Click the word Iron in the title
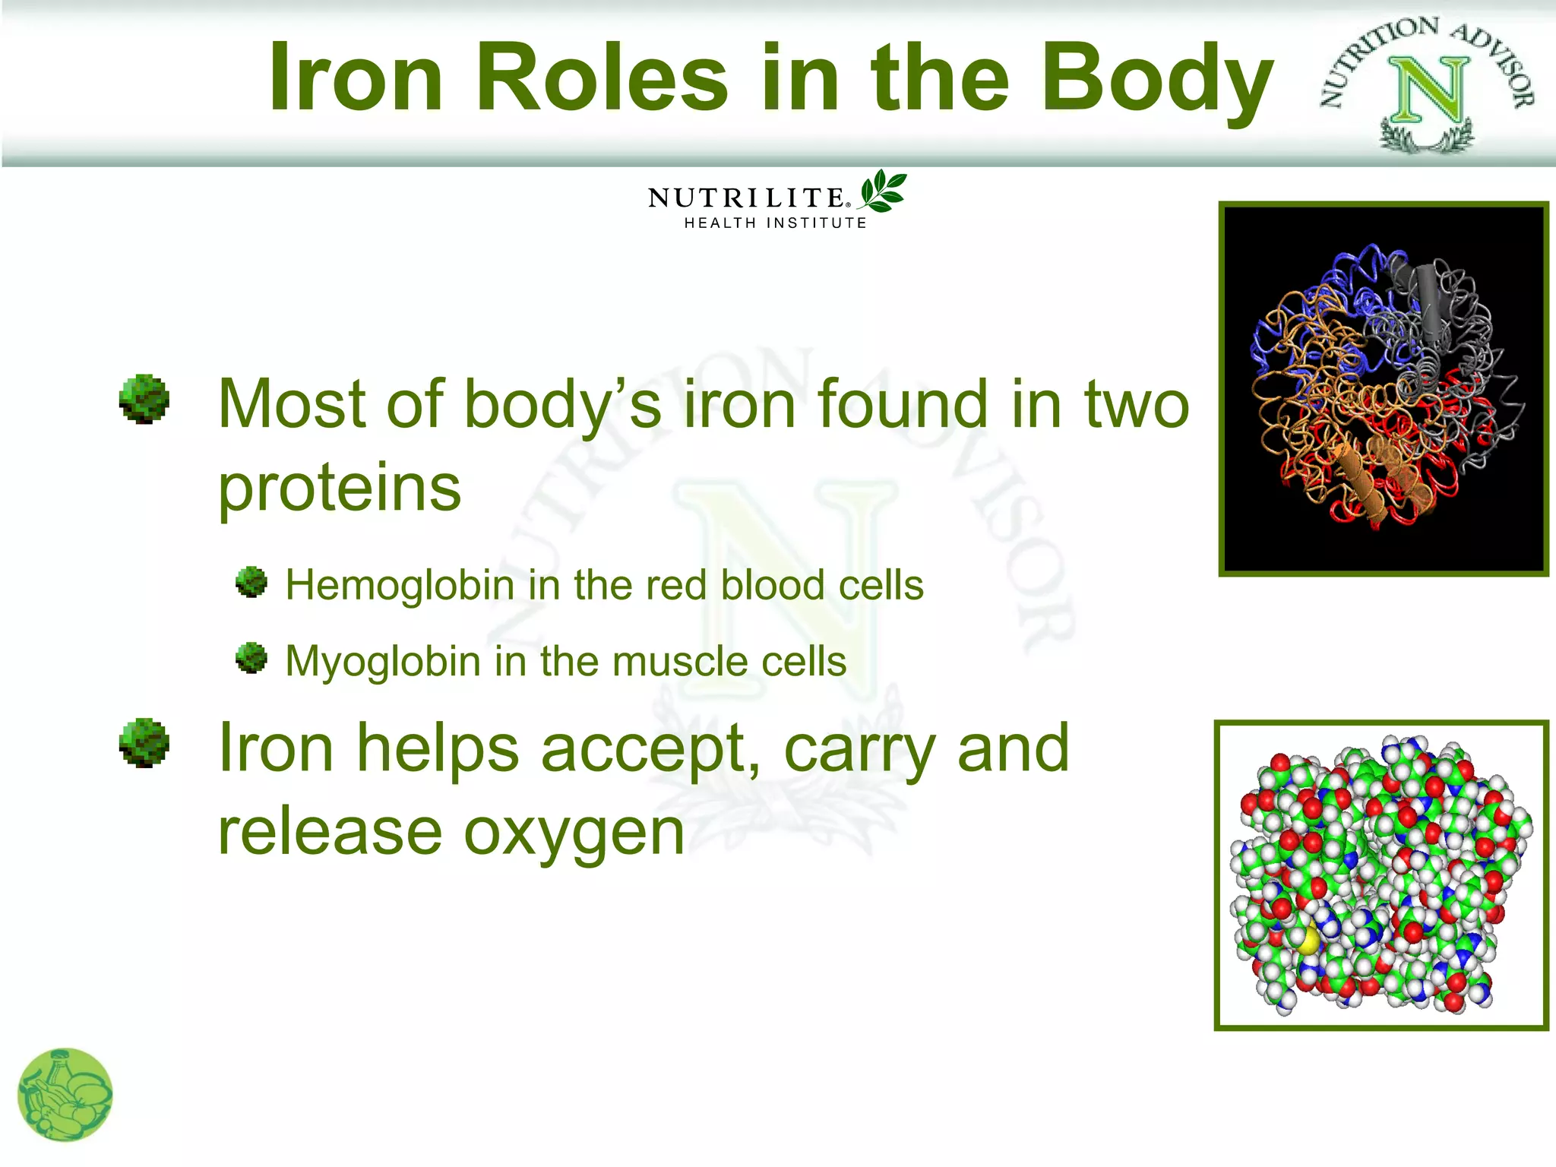356,78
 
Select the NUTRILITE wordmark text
746,198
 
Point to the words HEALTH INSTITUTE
775,223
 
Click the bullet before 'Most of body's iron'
144,399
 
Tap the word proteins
340,488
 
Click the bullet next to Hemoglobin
251,583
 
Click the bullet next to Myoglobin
251,658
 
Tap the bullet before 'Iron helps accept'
144,743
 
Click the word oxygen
574,833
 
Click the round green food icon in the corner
65,1095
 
